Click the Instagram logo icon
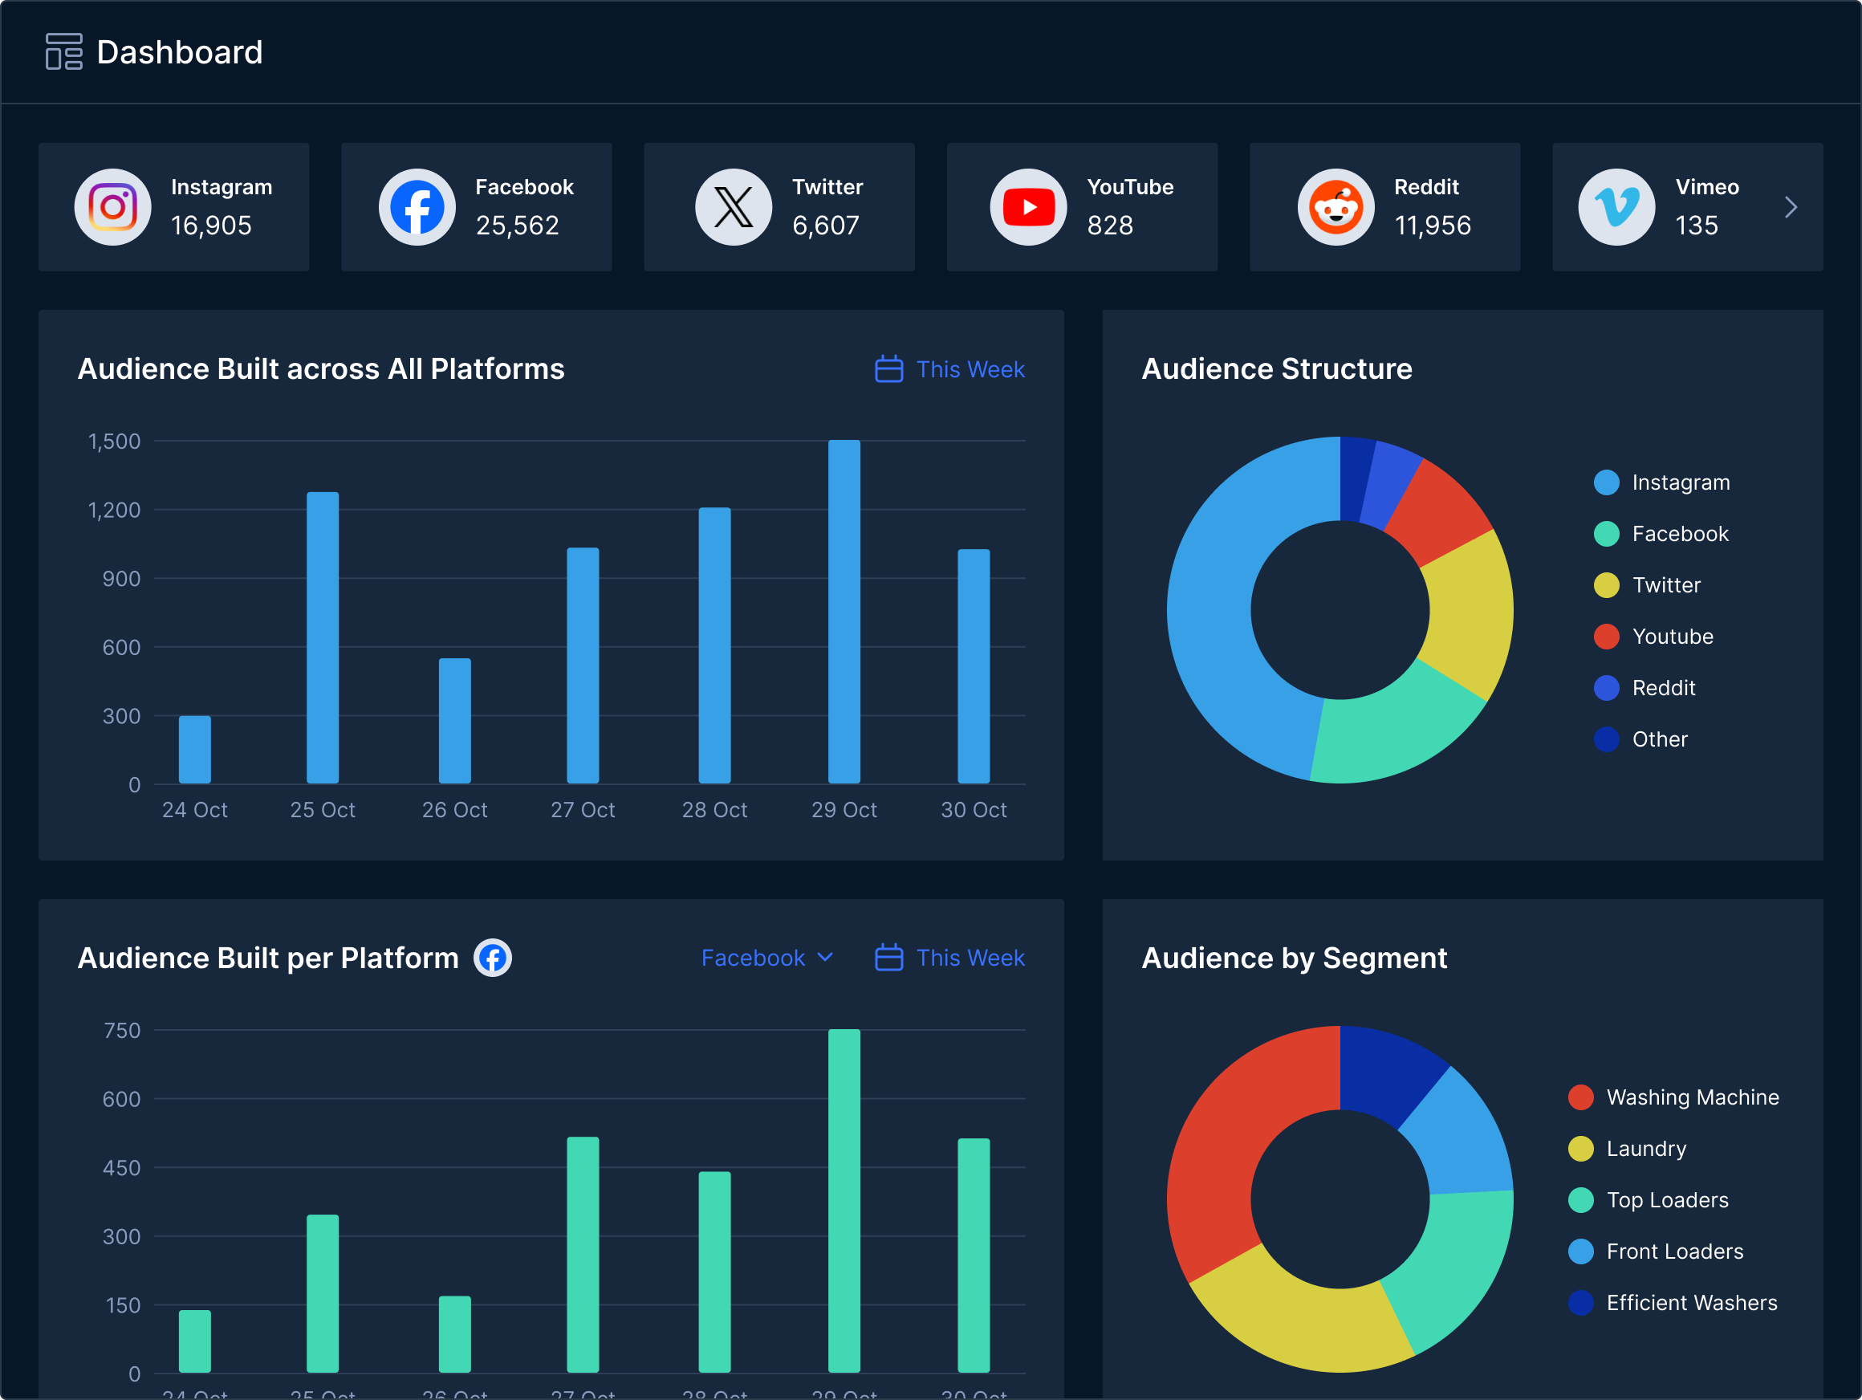[113, 207]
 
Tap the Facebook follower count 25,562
[517, 226]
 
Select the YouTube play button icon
[1028, 207]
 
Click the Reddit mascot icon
[1335, 207]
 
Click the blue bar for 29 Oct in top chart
[844, 611]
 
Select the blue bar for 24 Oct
[194, 749]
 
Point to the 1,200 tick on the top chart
[115, 511]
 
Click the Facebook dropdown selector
[766, 958]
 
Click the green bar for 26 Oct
[454, 1333]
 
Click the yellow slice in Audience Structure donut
[1473, 615]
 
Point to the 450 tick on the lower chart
[121, 1168]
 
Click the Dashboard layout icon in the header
[64, 52]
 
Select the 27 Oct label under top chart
[583, 810]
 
